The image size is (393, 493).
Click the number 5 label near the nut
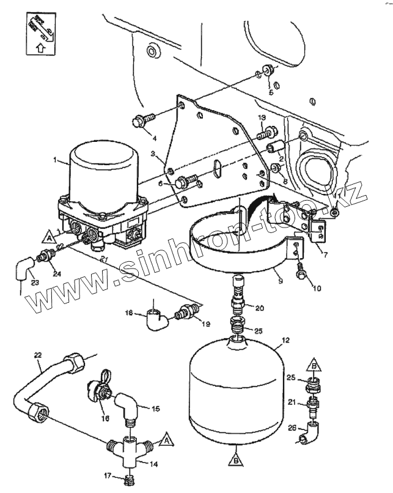272,92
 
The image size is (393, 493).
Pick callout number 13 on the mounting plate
261,117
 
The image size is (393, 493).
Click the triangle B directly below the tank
236,457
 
